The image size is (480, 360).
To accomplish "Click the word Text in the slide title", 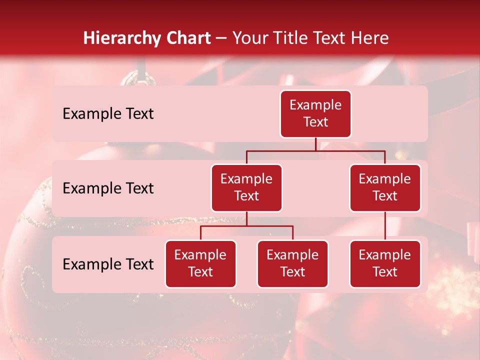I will coord(332,38).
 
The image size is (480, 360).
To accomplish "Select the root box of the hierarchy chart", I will coord(315,114).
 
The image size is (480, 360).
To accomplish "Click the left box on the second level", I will coord(246,188).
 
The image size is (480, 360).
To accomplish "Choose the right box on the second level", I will coord(385,188).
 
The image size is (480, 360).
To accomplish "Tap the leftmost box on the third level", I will coord(200,264).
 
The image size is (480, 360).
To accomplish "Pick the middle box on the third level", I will coord(292,264).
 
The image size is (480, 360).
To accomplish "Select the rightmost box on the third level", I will coord(385,264).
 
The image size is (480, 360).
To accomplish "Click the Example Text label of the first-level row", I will coord(108,114).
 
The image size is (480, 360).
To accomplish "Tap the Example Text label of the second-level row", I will coord(108,188).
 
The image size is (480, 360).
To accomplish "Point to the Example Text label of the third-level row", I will coord(108,264).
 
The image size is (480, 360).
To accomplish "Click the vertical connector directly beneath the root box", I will coord(315,144).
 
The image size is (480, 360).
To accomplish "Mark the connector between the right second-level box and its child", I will coord(385,226).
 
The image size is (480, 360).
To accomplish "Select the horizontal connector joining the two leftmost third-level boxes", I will coord(246,226).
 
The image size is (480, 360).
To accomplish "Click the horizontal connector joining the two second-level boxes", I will coord(315,150).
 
